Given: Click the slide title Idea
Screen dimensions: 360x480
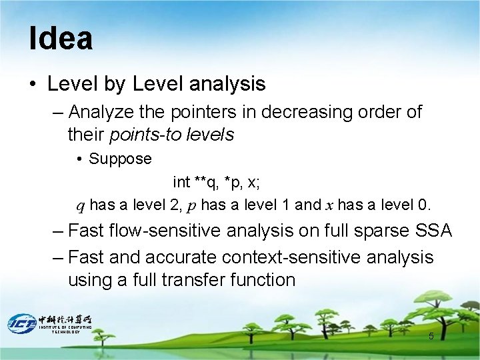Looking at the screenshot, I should [61, 39].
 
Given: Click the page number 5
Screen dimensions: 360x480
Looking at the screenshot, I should [431, 336].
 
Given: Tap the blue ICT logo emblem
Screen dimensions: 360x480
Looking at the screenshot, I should [21, 323].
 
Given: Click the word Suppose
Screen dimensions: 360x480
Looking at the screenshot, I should [120, 159].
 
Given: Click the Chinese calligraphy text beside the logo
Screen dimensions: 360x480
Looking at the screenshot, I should [65, 319].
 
